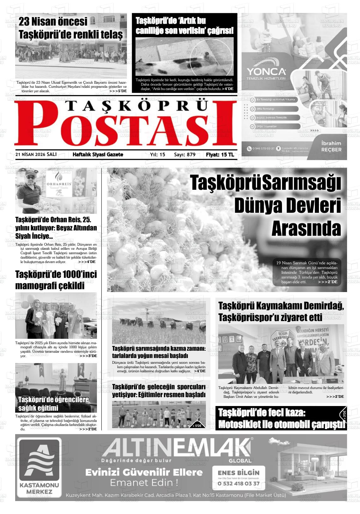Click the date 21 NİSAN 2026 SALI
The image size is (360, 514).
[36, 154]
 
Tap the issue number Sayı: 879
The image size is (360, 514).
[185, 155]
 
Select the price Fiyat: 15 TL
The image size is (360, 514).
[220, 155]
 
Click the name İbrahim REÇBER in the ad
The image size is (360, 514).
[331, 146]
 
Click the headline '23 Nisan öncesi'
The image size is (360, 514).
[53, 22]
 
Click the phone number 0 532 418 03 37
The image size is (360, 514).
[238, 483]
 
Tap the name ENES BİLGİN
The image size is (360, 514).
[238, 473]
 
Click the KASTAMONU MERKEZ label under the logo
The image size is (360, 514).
[39, 488]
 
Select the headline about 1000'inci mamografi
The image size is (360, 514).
[56, 280]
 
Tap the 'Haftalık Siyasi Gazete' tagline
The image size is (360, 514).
[98, 155]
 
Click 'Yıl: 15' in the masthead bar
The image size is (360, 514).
[158, 155]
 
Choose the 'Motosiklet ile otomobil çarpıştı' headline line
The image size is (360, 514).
[281, 424]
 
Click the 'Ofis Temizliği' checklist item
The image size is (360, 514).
[265, 109]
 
